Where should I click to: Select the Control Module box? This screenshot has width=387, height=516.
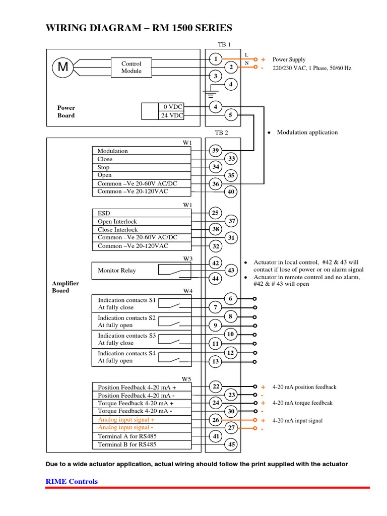coord(132,68)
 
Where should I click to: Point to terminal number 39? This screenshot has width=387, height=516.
coord(215,151)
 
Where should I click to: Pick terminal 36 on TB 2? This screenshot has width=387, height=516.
coord(215,184)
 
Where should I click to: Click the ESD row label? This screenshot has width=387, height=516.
coord(103,213)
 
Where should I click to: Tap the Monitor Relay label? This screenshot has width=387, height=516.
coord(117,271)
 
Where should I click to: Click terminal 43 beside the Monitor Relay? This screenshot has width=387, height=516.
coord(231,271)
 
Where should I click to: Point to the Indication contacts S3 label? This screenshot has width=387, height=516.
coord(126,336)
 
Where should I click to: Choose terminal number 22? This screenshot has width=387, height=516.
coord(216,386)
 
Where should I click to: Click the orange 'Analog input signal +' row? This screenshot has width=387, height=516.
coord(126,419)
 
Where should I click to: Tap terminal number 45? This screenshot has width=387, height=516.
coord(231,444)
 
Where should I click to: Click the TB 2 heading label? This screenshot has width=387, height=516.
coord(222,133)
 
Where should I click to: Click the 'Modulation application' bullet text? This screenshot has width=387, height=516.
coord(307,133)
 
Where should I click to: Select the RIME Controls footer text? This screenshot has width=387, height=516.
coord(72,481)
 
